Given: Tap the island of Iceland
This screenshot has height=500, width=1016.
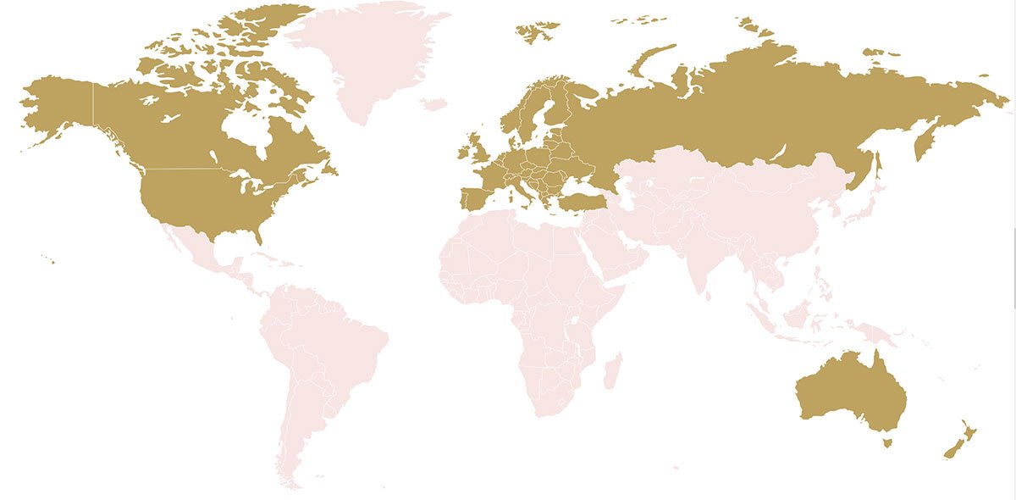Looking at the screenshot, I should pyautogui.click(x=433, y=104).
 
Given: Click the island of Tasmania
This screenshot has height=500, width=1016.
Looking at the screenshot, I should pyautogui.click(x=886, y=442).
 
